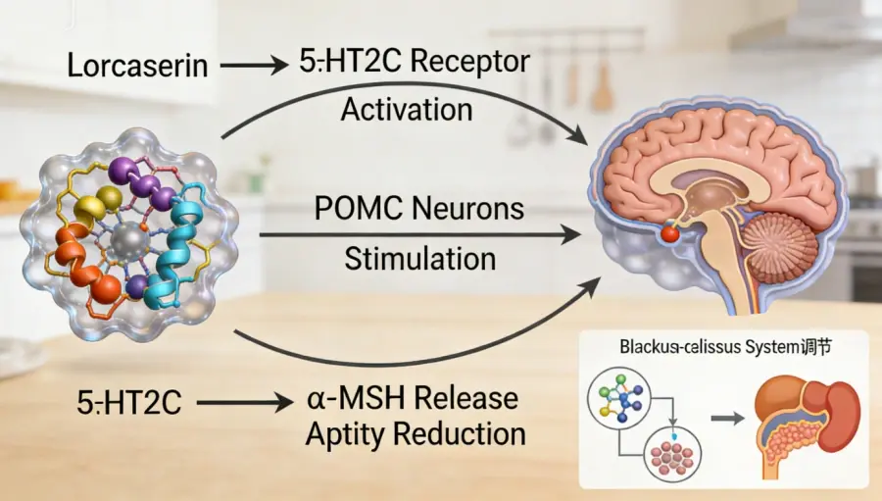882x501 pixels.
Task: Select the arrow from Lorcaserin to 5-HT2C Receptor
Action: pos(253,67)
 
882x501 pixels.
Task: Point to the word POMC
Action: pos(356,209)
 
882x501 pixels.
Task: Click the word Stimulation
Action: pos(419,259)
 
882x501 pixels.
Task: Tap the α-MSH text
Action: pos(357,400)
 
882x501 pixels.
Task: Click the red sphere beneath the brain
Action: pos(669,233)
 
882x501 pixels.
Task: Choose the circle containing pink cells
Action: pos(671,455)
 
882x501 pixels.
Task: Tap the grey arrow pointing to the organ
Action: pos(726,420)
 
